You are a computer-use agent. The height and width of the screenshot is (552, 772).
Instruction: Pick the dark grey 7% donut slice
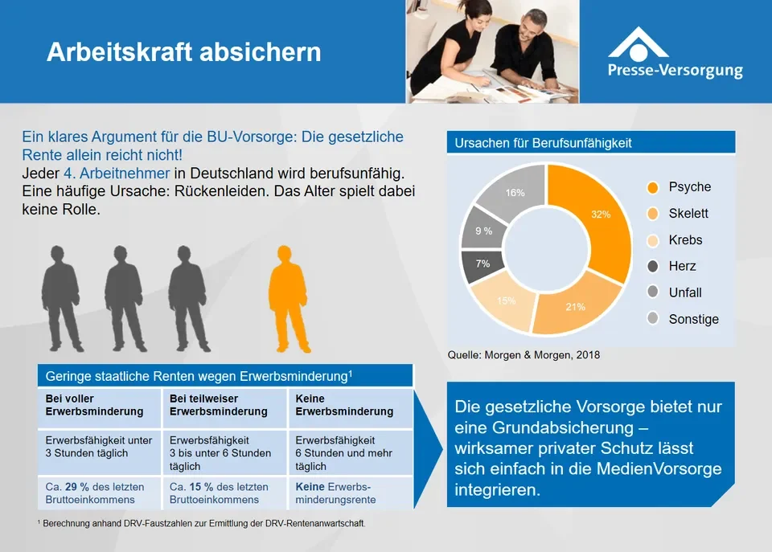click(x=482, y=265)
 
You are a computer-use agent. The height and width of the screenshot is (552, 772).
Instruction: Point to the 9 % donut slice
click(x=482, y=229)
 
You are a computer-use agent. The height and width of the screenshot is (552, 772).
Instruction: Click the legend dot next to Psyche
click(x=653, y=187)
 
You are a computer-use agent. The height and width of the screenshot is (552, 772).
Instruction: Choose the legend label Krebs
click(x=685, y=240)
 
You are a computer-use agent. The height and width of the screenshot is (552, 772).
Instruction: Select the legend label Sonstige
click(x=694, y=319)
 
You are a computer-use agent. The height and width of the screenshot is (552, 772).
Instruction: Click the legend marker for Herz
click(x=653, y=266)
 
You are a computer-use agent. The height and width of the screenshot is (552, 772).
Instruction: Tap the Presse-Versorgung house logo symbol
click(x=639, y=44)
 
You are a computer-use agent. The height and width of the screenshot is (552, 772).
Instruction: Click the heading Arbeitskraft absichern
click(x=183, y=52)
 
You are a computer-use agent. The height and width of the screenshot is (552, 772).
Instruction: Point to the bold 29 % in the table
click(x=77, y=487)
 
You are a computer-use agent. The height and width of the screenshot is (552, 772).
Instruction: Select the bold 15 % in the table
click(x=201, y=487)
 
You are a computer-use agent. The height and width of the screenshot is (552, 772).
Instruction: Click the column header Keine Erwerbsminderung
click(x=344, y=405)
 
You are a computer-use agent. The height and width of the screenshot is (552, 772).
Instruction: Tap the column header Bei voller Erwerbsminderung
click(x=94, y=405)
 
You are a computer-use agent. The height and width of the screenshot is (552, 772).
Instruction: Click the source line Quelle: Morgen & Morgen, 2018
click(x=524, y=355)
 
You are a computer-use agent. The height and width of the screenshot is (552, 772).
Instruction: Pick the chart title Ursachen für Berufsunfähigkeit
click(x=543, y=143)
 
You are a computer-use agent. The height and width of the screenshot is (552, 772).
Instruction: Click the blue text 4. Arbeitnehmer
click(x=117, y=174)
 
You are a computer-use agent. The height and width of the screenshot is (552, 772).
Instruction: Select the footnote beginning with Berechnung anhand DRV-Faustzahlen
click(x=201, y=523)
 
